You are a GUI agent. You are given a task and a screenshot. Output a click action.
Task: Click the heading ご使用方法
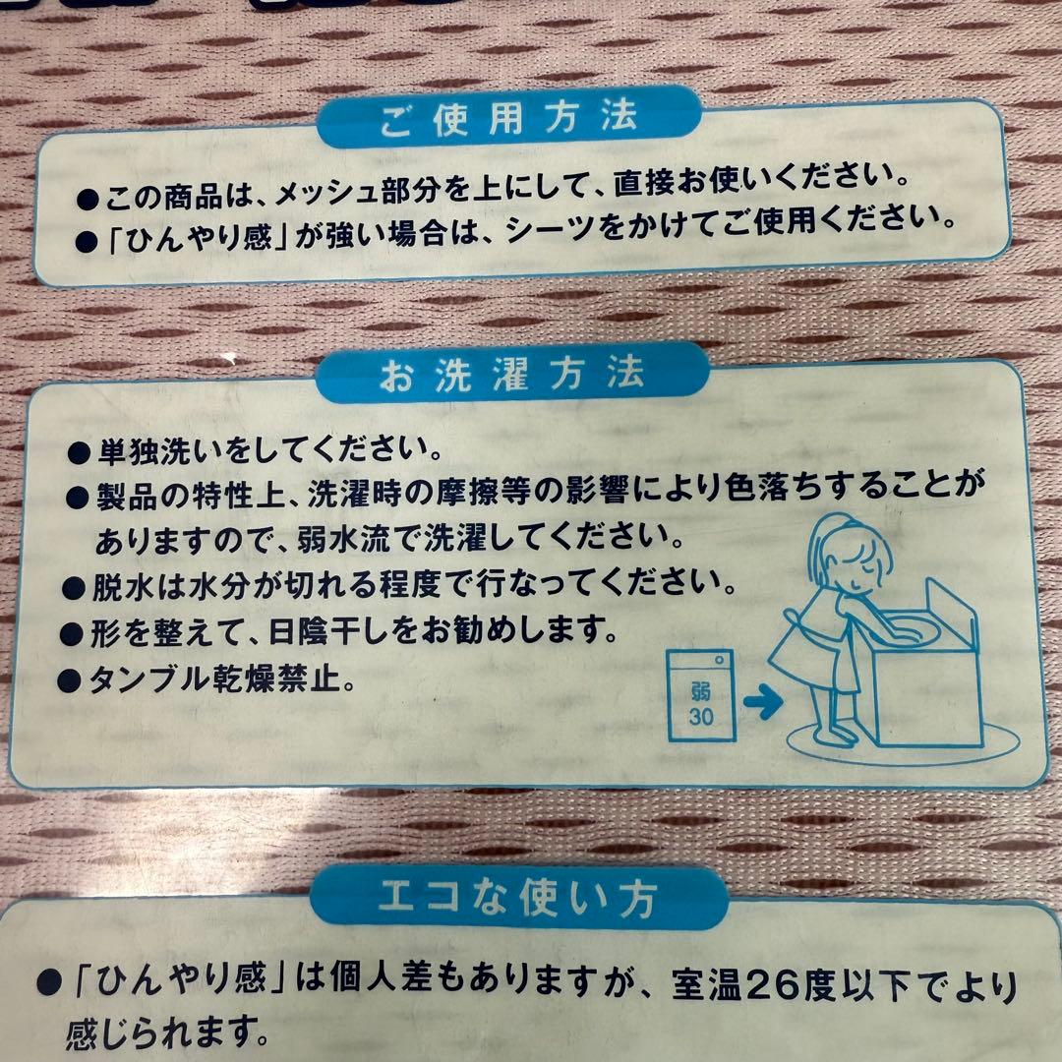[508, 120]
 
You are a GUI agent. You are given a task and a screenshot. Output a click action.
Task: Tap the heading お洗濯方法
[512, 375]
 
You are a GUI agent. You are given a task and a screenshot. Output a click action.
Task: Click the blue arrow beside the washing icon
[761, 702]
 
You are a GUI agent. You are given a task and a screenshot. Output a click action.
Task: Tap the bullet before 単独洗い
[80, 453]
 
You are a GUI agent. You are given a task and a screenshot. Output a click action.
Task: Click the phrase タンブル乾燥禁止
[221, 679]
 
